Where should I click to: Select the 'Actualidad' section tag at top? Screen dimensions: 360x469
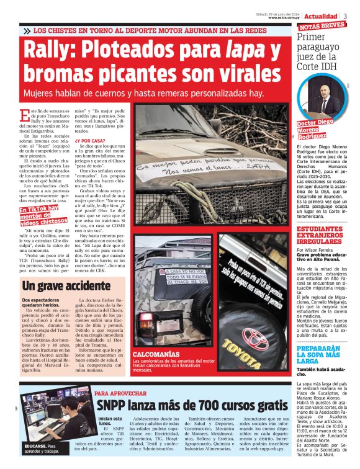pos(321,16)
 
